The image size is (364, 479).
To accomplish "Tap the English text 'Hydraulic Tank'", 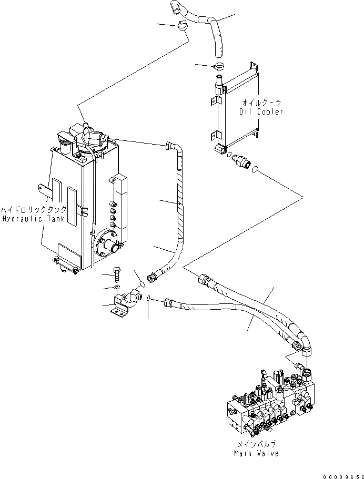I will (33, 218).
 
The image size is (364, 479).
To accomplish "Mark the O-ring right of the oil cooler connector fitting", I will (255, 169).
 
